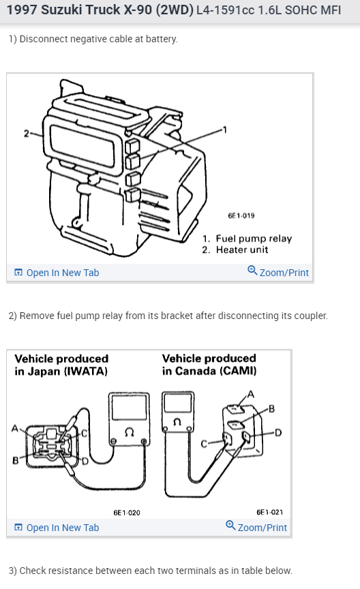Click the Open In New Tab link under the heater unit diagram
(57, 273)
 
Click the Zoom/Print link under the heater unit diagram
(278, 272)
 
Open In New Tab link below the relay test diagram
(57, 528)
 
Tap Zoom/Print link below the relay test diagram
(256, 527)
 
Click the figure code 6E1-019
(241, 215)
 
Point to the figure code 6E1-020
(127, 513)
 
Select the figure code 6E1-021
(270, 512)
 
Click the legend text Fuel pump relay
(254, 239)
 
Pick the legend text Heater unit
(242, 250)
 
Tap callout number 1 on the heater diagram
(225, 130)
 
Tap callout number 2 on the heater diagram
(27, 134)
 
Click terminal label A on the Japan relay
(15, 428)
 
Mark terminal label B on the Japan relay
(16, 460)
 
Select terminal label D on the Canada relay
(278, 433)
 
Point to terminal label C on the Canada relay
(204, 444)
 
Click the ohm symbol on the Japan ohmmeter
(130, 433)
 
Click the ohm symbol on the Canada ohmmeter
(177, 422)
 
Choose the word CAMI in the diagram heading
(238, 371)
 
